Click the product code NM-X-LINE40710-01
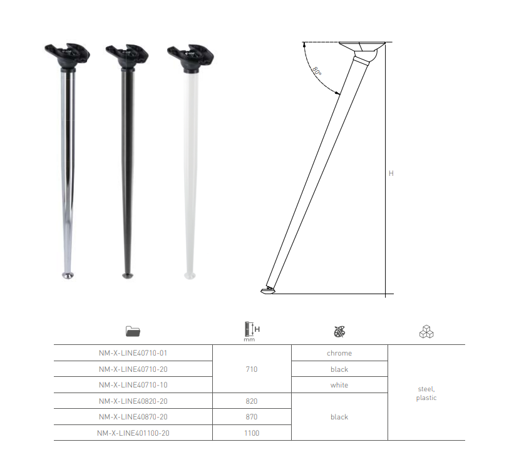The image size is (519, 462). tap(133, 354)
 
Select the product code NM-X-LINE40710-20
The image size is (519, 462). tap(133, 369)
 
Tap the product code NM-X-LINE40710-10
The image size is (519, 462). tap(133, 385)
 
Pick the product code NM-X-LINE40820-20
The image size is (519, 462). tap(133, 401)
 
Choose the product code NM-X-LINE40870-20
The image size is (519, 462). tap(133, 417)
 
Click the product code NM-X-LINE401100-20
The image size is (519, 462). tap(134, 433)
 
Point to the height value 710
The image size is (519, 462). tap(252, 369)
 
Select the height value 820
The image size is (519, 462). tap(252, 401)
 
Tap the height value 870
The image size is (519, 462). tap(252, 417)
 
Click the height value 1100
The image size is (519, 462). tap(252, 433)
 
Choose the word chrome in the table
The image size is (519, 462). tap(339, 354)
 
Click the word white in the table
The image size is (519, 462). tap(339, 385)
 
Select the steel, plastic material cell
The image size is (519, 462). tap(426, 393)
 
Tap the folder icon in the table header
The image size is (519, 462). tap(133, 331)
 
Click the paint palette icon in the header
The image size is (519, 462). tap(339, 331)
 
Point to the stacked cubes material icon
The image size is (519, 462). tap(426, 331)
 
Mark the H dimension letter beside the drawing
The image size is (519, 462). tap(391, 173)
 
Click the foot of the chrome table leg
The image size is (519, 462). tap(68, 274)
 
